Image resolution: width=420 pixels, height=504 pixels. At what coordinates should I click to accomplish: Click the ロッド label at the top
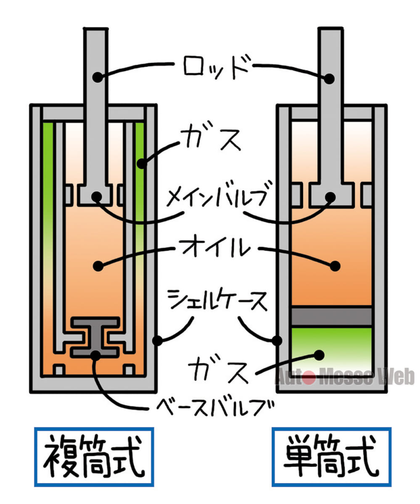pos(216,67)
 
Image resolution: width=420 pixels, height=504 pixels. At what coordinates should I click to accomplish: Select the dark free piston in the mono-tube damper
pos(332,316)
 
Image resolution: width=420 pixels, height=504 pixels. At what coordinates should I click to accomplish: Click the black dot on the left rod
pos(98,77)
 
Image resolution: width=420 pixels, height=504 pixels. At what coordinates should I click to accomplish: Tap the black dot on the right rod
pos(329,79)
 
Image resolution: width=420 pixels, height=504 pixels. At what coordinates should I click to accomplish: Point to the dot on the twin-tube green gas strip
pos(142,164)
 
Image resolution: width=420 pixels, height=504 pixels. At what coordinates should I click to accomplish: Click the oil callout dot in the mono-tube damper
pos(335,266)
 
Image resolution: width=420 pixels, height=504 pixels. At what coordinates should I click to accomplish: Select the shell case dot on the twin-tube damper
pos(158,341)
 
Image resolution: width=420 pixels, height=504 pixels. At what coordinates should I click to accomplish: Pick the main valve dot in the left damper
pos(97,197)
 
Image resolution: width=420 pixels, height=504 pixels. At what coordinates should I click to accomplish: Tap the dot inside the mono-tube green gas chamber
pos(319,355)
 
